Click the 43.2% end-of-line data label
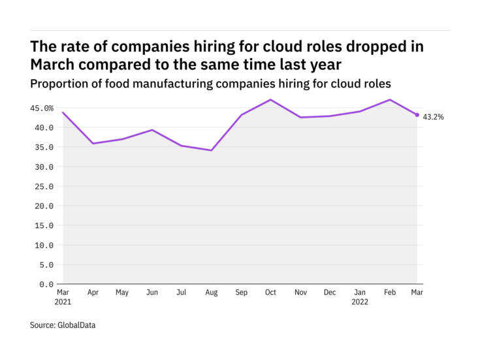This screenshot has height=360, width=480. pyautogui.click(x=434, y=117)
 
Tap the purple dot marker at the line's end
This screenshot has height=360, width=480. pyautogui.click(x=417, y=115)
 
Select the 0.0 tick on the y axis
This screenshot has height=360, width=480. pyautogui.click(x=46, y=284)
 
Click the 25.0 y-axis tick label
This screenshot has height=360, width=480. pyautogui.click(x=43, y=186)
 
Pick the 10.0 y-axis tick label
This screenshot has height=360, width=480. pyautogui.click(x=43, y=245)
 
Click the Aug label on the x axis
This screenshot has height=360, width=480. pyautogui.click(x=211, y=293)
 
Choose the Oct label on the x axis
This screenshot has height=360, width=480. pyautogui.click(x=270, y=293)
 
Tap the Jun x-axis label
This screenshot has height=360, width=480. pyautogui.click(x=152, y=293)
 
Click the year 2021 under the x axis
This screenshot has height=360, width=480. pyautogui.click(x=63, y=302)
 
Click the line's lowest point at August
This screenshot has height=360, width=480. pyautogui.click(x=211, y=150)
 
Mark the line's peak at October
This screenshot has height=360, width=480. pyautogui.click(x=270, y=100)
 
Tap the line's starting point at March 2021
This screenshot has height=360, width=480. pyautogui.click(x=63, y=112)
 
